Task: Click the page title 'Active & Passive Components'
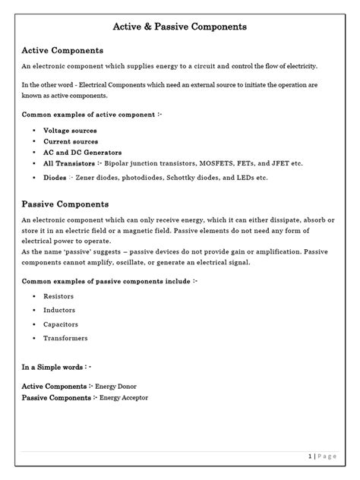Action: click(179, 27)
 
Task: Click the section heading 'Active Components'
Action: click(62, 50)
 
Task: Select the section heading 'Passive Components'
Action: click(65, 204)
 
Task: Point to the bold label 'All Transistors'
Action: click(69, 163)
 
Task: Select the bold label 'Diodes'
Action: click(55, 177)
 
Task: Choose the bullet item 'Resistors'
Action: click(58, 295)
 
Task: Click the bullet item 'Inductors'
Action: click(59, 310)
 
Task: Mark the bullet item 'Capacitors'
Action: click(61, 324)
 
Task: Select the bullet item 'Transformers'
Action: click(65, 338)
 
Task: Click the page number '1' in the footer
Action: click(311, 456)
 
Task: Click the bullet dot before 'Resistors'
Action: click(35, 296)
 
